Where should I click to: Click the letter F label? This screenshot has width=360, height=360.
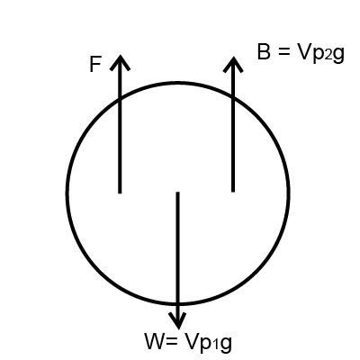coord(95,65)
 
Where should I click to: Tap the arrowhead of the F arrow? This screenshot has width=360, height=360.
coord(120,62)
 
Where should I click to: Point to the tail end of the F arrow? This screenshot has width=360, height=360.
coord(120,193)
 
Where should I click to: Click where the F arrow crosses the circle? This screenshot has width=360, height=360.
coord(120,97)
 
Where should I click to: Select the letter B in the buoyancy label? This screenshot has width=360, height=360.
coord(264,52)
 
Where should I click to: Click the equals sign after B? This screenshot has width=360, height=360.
coord(283,52)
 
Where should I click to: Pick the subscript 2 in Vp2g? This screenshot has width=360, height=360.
coord(328,56)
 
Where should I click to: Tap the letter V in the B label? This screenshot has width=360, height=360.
coord(304,52)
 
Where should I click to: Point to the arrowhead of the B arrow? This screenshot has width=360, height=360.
coord(233,64)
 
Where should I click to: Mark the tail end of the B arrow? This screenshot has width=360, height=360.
coord(233,191)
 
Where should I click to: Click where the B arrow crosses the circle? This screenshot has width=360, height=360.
coord(233,97)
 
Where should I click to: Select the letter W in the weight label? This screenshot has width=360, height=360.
coord(155,341)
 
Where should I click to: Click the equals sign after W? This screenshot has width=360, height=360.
coord(171,342)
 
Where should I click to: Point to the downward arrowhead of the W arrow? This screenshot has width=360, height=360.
coord(178,321)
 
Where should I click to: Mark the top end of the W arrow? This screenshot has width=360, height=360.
coord(177,193)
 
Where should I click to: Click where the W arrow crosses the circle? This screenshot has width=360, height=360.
coord(178,304)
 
